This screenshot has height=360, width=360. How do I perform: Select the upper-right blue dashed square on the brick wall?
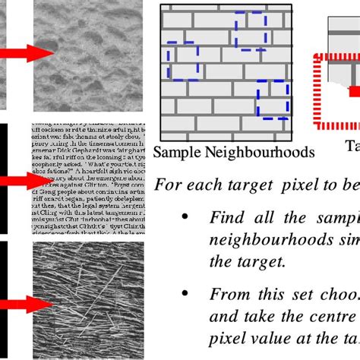251,30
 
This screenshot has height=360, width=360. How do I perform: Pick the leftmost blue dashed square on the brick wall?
182,61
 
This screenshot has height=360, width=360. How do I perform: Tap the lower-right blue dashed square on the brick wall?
273,99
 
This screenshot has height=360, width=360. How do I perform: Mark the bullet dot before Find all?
185,216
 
